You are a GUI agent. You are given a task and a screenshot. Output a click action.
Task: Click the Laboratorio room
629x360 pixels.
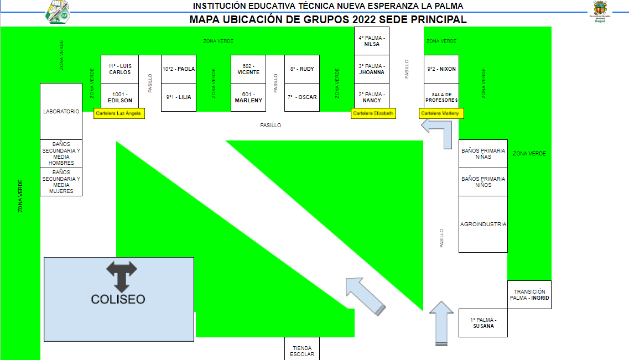click(61, 111)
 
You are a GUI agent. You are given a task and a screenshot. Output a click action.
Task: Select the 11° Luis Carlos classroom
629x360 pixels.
click(119, 69)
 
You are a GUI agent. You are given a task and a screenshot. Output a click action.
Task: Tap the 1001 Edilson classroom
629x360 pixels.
click(119, 97)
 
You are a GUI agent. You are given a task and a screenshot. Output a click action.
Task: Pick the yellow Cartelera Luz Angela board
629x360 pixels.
click(119, 113)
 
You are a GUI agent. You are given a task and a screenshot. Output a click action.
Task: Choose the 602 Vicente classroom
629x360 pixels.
click(248, 69)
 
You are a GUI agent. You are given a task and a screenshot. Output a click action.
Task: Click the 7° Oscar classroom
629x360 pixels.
click(301, 97)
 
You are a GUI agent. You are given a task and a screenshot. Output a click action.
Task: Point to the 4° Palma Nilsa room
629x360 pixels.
click(371, 41)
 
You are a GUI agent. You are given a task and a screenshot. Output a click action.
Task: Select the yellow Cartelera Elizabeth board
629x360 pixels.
click(373, 113)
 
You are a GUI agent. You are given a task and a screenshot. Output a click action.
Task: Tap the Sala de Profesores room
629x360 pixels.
click(441, 97)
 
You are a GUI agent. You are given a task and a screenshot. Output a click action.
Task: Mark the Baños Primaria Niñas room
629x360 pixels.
click(483, 154)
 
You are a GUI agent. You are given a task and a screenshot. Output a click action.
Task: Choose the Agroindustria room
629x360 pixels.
click(483, 224)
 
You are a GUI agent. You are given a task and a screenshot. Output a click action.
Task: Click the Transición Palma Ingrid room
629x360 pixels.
click(529, 295)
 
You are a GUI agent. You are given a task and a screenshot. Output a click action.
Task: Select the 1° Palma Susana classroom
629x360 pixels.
click(483, 323)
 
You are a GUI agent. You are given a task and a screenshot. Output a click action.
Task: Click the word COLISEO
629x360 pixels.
click(118, 299)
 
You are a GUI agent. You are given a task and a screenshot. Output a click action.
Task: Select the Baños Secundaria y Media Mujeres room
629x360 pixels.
click(61, 182)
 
